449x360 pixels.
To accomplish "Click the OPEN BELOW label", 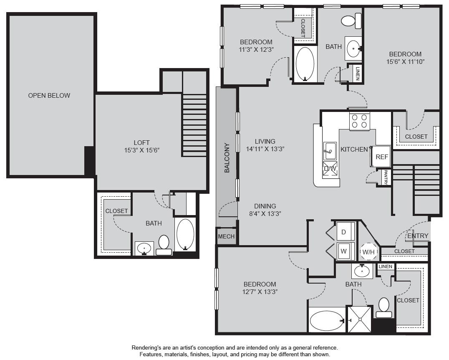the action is pyautogui.click(x=49, y=96).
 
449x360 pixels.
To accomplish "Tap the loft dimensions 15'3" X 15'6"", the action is pyautogui.click(x=142, y=150).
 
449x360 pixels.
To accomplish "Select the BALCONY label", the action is pyautogui.click(x=227, y=157).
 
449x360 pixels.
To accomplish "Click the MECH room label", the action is pyautogui.click(x=226, y=236).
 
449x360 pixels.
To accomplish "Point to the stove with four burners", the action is pyautogui.click(x=359, y=121).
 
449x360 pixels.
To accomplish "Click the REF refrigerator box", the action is pyautogui.click(x=381, y=157).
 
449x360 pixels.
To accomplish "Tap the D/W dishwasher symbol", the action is pyautogui.click(x=330, y=169).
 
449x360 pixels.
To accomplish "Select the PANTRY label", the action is pyautogui.click(x=386, y=177).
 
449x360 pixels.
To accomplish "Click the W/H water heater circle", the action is pyautogui.click(x=368, y=252).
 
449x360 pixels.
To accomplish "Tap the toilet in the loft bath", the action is pyautogui.click(x=164, y=245).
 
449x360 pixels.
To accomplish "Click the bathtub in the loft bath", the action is pyautogui.click(x=185, y=234).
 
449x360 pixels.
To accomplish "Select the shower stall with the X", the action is pyautogui.click(x=359, y=319).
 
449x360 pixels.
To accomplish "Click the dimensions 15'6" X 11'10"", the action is pyautogui.click(x=405, y=62).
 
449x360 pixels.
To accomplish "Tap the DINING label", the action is pyautogui.click(x=265, y=206).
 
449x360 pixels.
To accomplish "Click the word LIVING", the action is pyautogui.click(x=265, y=141).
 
